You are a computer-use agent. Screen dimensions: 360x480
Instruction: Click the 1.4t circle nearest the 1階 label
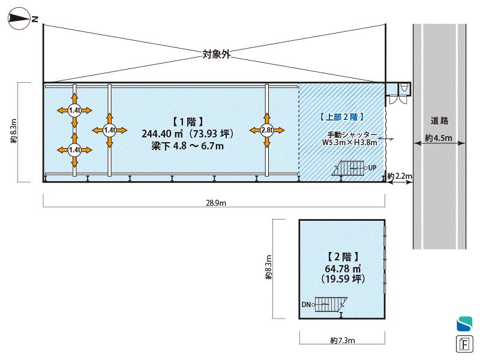[109, 130]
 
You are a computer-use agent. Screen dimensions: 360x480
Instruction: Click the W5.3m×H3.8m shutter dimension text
[349, 143]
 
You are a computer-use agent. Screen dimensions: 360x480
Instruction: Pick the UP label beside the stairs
[373, 168]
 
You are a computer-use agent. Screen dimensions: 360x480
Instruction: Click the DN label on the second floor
[306, 305]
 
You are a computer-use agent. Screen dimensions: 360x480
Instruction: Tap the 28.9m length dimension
[215, 203]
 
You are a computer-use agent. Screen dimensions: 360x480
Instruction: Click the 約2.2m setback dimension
[400, 176]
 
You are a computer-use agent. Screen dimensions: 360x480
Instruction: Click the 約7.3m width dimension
[343, 341]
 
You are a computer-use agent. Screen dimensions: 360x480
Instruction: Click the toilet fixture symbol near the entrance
[404, 88]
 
